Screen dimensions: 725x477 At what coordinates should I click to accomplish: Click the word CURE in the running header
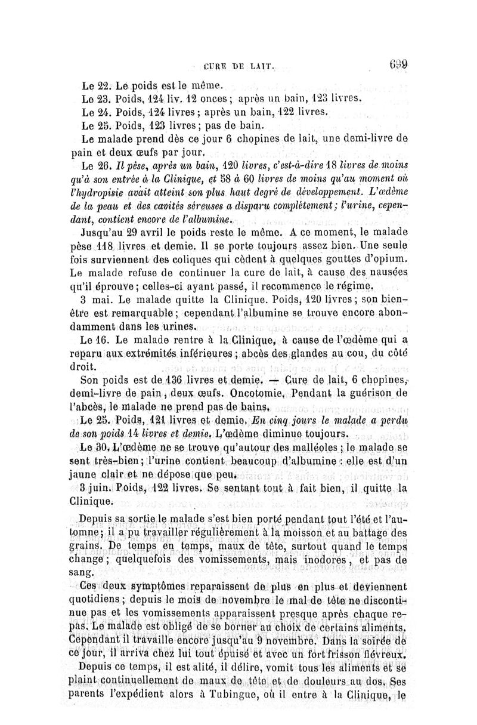pos(215,67)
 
